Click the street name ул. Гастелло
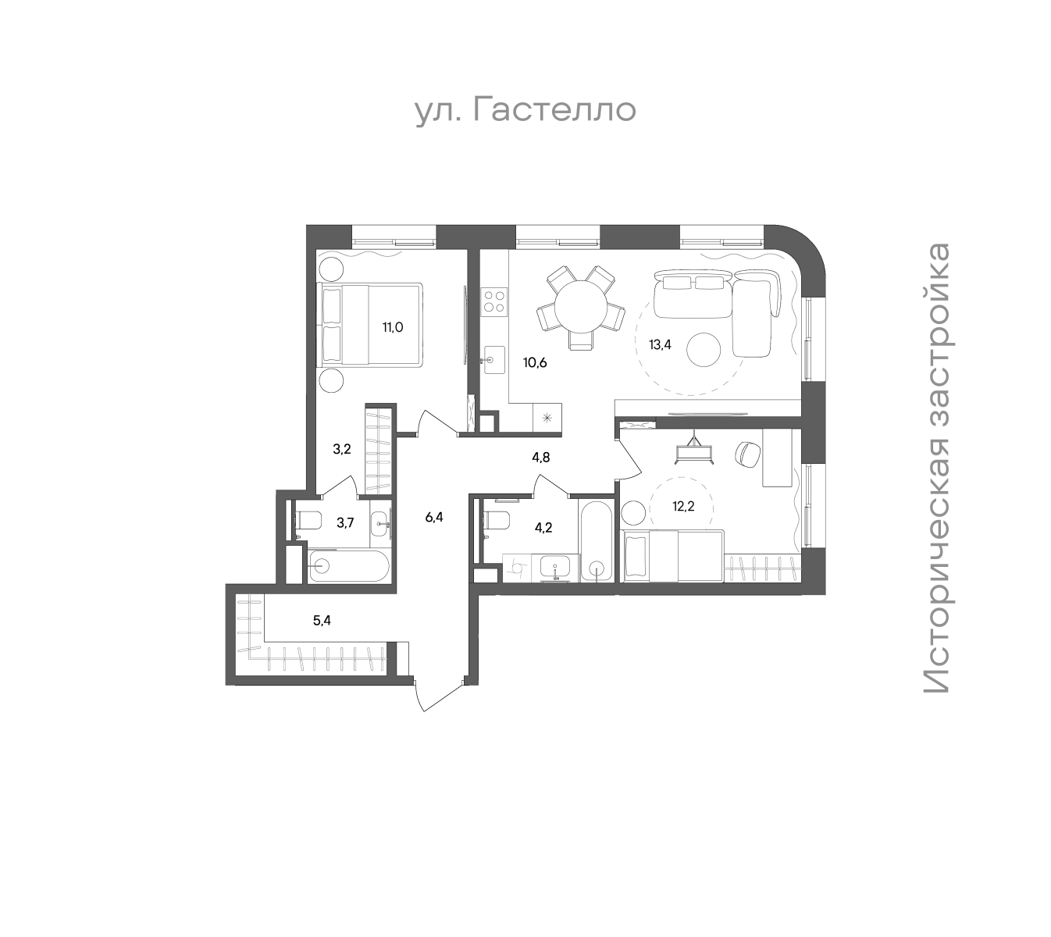coord(525,111)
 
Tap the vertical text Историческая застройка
coord(936,467)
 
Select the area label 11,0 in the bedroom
coord(393,327)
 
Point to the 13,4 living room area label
coord(660,344)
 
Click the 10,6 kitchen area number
coord(535,362)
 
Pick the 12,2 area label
coord(683,507)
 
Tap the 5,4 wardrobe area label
coord(322,621)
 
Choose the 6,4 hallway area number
coord(434,517)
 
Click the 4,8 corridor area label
coord(540,457)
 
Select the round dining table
coord(580,307)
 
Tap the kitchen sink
coord(493,359)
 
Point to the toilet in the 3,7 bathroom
coord(308,520)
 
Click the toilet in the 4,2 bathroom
coord(497,520)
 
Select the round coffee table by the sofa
coord(704,350)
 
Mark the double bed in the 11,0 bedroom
coord(372,324)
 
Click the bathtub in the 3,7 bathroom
coord(348,566)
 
